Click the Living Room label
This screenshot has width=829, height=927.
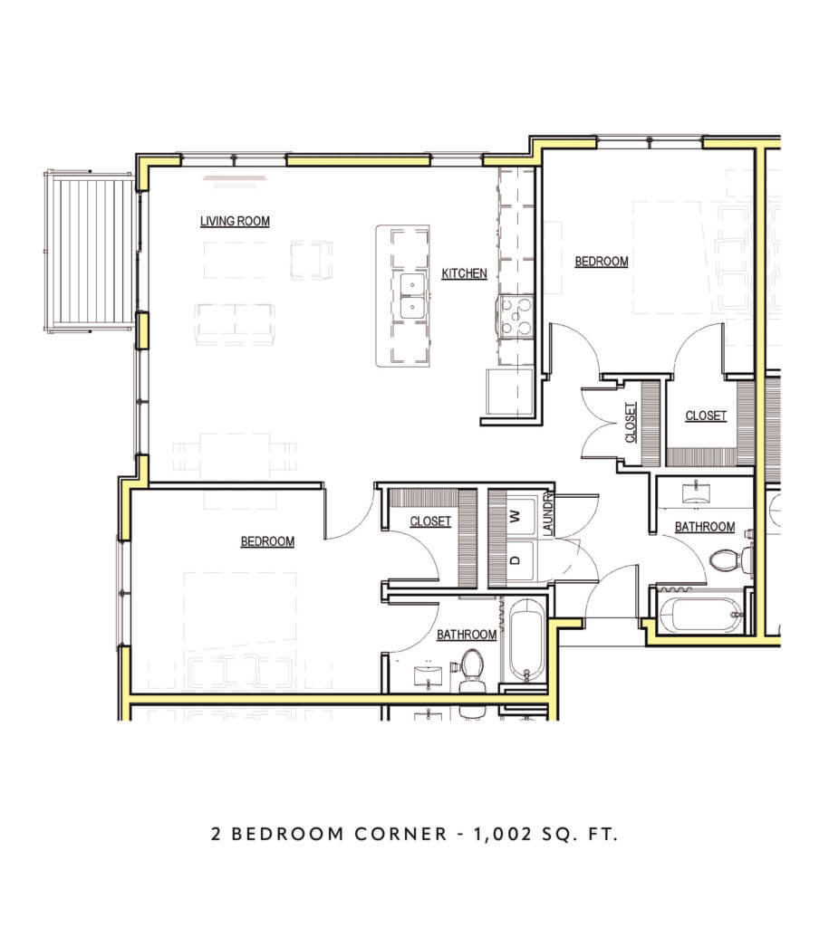click(x=235, y=221)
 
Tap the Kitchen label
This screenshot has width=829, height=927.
click(x=465, y=273)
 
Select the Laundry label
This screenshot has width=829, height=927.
click(x=547, y=514)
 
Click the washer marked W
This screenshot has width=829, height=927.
click(x=516, y=517)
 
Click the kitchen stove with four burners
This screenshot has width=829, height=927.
click(x=516, y=318)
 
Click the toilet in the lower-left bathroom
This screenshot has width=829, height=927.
click(x=470, y=667)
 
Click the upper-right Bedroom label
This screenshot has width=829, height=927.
click(x=602, y=262)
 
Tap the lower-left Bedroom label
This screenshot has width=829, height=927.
click(x=267, y=541)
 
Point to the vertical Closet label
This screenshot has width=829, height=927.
click(x=631, y=423)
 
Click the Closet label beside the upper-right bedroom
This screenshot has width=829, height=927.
click(x=705, y=416)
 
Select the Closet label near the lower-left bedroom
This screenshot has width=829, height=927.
click(x=430, y=521)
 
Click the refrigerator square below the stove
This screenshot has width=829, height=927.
click(x=508, y=392)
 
